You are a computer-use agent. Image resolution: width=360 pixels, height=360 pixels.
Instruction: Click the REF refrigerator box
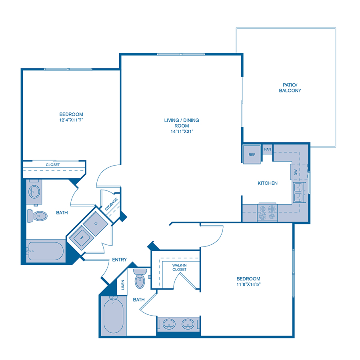[x=252, y=154]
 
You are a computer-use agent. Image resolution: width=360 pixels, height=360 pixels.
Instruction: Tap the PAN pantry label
[x=268, y=150]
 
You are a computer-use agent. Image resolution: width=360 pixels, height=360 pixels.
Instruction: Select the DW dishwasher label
[x=296, y=172]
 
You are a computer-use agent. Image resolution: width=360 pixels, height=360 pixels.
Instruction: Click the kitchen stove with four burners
[x=268, y=212]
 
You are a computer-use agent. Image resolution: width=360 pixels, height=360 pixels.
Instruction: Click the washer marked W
[x=82, y=237]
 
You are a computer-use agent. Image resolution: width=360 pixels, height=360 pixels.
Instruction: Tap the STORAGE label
[x=112, y=204]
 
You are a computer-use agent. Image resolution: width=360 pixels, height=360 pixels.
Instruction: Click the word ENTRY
[x=119, y=260]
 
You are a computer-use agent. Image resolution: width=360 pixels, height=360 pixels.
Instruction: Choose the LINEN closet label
[x=123, y=286]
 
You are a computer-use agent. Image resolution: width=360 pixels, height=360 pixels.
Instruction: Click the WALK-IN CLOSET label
[x=180, y=267]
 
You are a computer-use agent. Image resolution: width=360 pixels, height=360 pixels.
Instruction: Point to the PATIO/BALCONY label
[x=290, y=88]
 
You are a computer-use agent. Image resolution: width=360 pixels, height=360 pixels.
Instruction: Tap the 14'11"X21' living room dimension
[x=181, y=131]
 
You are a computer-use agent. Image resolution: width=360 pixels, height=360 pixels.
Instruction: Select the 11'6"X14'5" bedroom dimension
[x=248, y=284]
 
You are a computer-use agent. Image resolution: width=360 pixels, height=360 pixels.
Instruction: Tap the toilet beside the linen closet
[x=140, y=279]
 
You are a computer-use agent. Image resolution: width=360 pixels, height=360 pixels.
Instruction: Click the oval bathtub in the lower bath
[x=113, y=315]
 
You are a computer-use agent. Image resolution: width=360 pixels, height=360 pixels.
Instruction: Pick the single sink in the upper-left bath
[x=34, y=191]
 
